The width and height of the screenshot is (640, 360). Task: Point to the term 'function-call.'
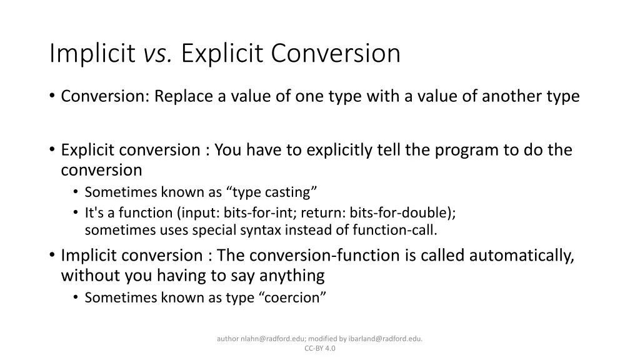(395, 229)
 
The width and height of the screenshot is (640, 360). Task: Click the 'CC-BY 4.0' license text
(320, 348)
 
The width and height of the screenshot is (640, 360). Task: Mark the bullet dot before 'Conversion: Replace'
(52, 97)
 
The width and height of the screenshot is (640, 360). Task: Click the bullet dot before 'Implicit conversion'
(52, 256)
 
